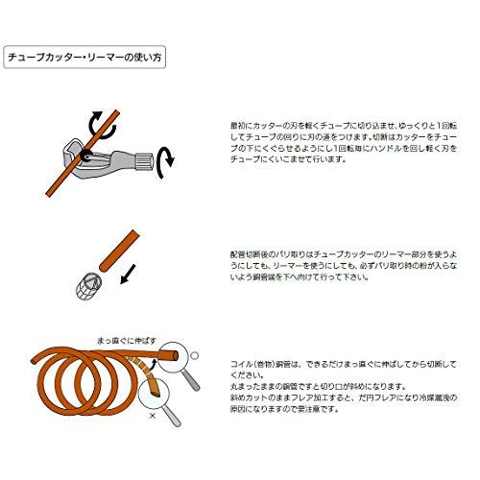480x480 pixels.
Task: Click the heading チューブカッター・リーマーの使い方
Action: [x=84, y=57]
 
